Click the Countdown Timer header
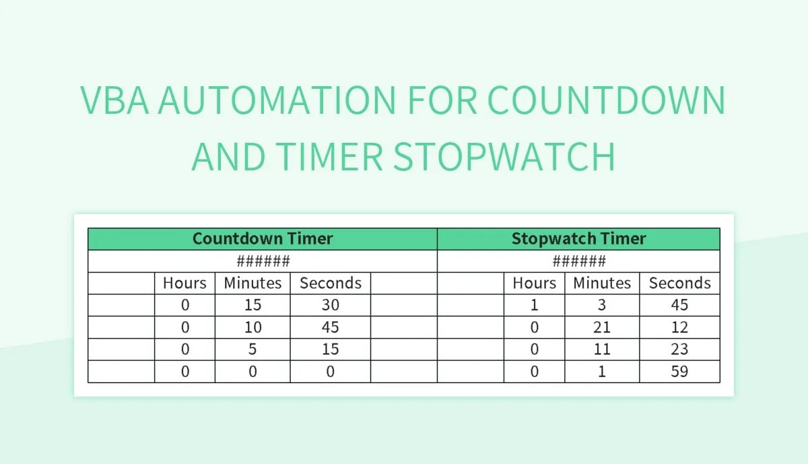pyautogui.click(x=262, y=238)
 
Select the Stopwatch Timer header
pyautogui.click(x=578, y=238)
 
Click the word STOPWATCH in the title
pyautogui.click(x=504, y=156)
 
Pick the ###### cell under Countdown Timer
pyautogui.click(x=262, y=261)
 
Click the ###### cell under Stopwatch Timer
pyautogui.click(x=578, y=261)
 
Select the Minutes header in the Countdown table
pyautogui.click(x=252, y=283)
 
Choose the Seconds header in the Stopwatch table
pyautogui.click(x=679, y=283)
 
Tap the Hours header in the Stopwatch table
pyautogui.click(x=535, y=283)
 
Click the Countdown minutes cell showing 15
pyautogui.click(x=252, y=305)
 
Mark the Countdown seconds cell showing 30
pyautogui.click(x=330, y=305)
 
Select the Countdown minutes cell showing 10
pyautogui.click(x=252, y=327)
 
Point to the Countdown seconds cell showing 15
pyautogui.click(x=330, y=350)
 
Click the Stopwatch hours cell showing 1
pyautogui.click(x=535, y=305)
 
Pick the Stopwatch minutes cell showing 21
pyautogui.click(x=601, y=327)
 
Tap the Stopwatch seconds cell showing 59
pyautogui.click(x=679, y=371)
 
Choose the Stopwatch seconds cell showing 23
pyautogui.click(x=679, y=350)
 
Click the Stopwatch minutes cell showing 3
pyautogui.click(x=601, y=305)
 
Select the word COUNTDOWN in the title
pyautogui.click(x=605, y=100)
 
